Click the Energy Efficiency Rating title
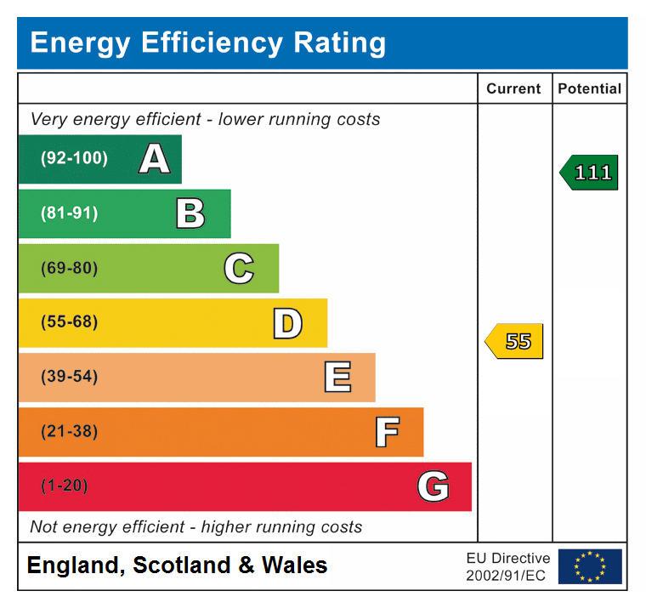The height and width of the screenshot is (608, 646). click(207, 43)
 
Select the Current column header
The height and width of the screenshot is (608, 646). click(513, 88)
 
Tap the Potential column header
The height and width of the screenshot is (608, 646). click(589, 88)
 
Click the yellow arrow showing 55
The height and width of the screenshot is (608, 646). click(515, 342)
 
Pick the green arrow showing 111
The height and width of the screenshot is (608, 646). click(590, 173)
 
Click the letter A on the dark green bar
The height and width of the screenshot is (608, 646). click(154, 159)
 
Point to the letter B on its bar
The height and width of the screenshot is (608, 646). click(190, 213)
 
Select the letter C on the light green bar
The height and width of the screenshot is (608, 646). click(239, 269)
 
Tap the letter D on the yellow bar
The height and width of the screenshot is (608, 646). click(287, 323)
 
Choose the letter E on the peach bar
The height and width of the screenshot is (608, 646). click(337, 378)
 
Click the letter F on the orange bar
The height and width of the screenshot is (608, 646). click(387, 432)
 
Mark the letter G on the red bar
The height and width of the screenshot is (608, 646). click(433, 486)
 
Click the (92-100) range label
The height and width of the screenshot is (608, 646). click(75, 159)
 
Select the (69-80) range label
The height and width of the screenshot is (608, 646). click(70, 269)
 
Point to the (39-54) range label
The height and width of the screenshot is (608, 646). click(70, 378)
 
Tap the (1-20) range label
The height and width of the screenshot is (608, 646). click(65, 486)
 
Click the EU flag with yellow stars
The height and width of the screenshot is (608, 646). click(590, 566)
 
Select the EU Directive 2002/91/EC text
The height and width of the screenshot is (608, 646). click(507, 567)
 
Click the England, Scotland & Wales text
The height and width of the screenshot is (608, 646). click(177, 565)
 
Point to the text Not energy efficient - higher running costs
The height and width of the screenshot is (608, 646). click(196, 527)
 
